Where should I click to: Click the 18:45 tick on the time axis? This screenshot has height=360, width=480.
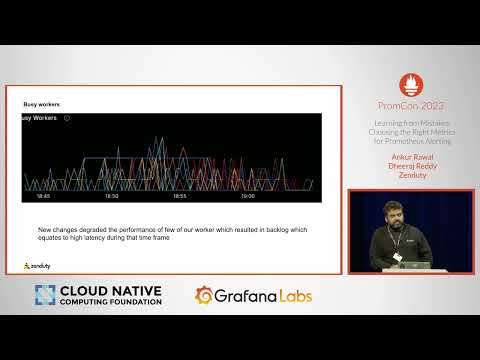tap(44, 196)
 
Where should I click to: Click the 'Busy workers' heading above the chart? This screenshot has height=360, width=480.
tap(43, 104)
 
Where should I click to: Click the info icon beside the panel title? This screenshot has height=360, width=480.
tap(67, 118)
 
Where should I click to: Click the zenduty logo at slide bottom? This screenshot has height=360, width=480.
tap(39, 265)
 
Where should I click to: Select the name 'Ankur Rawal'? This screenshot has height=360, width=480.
tap(411, 157)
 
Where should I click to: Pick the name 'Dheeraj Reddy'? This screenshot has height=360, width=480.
tap(411, 165)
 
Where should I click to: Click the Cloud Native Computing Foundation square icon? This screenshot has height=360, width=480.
tap(45, 296)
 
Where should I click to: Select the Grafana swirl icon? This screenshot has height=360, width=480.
tap(205, 295)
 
